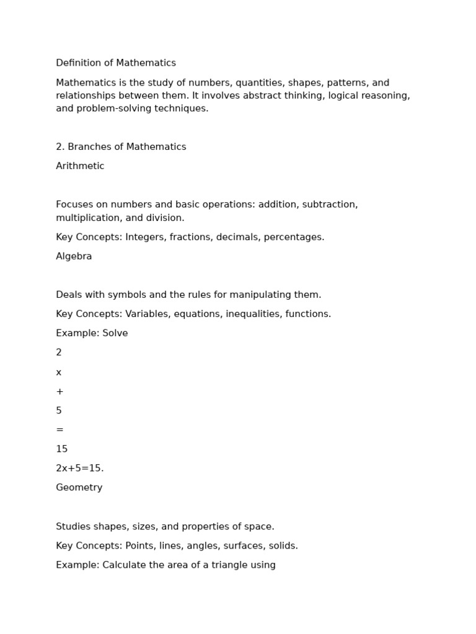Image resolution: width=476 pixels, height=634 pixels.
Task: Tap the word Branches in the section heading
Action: (x=89, y=147)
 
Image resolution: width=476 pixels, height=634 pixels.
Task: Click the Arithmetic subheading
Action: (x=80, y=167)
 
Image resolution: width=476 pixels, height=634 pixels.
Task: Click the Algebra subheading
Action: (x=74, y=257)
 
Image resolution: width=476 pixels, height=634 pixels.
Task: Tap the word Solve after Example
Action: (x=115, y=334)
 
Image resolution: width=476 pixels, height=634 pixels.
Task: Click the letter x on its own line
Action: (x=59, y=373)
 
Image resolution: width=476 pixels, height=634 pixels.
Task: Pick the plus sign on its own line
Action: (x=59, y=392)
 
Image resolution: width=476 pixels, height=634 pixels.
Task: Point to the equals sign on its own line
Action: (x=59, y=430)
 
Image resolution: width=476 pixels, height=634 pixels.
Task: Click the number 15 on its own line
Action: (x=62, y=449)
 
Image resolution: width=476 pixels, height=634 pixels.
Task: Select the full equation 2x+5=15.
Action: (x=80, y=469)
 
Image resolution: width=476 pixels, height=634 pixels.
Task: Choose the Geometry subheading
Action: (x=79, y=488)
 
